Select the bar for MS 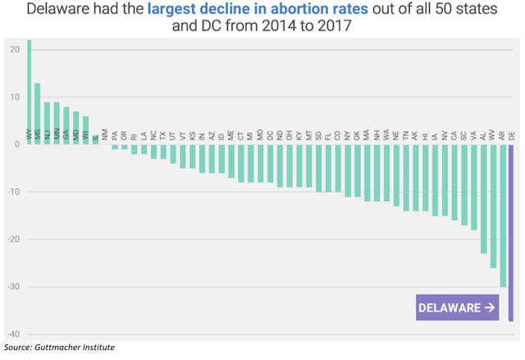point(38,114)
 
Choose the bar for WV point(492,206)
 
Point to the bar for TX point(162,152)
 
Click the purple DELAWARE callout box point(457,308)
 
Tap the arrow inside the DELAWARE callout point(490,308)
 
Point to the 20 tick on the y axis point(14,49)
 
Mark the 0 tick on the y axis point(16,144)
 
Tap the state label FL point(328,135)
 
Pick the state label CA point(454,135)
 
